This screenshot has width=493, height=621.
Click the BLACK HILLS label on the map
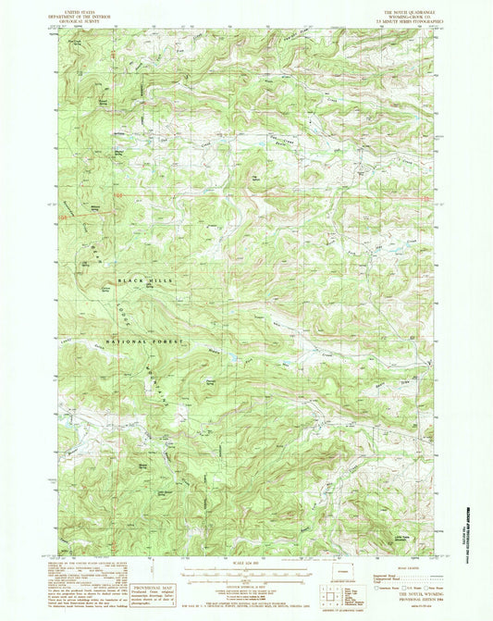(x=142, y=279)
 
